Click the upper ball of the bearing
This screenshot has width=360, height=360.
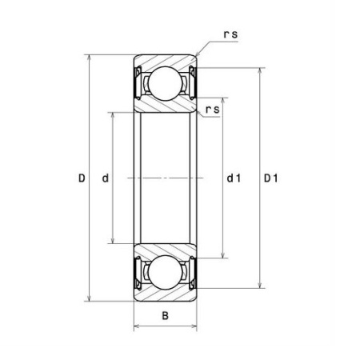coord(165,83)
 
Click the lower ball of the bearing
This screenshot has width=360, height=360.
coord(165,272)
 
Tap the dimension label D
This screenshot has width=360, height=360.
coord(82,178)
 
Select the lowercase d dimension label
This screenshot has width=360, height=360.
coord(106,178)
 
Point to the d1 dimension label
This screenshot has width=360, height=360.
coord(234,178)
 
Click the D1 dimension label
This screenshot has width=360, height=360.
coord(271,178)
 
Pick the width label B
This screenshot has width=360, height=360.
coord(166,316)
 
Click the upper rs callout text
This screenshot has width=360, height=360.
coord(230,34)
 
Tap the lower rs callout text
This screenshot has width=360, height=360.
coord(213,110)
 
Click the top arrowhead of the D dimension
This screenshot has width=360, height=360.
coord(90,58)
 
